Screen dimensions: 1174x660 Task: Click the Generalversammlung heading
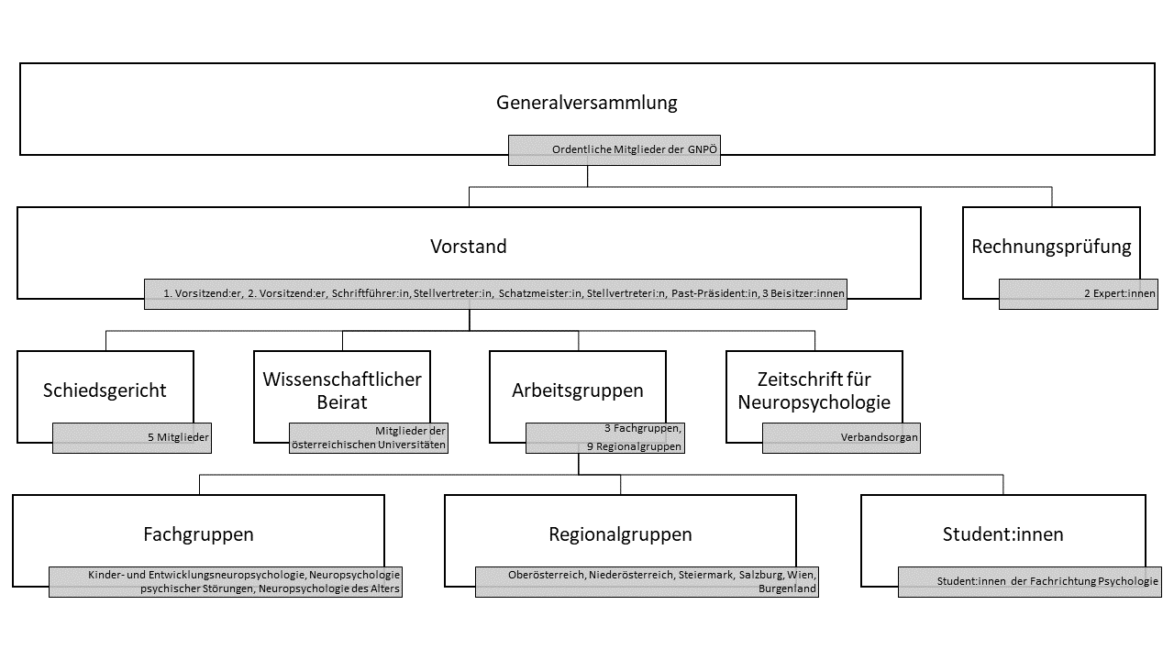click(586, 103)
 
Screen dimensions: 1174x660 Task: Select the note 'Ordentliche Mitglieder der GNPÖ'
click(634, 149)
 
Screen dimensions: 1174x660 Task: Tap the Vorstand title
click(469, 247)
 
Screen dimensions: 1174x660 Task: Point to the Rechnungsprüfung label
click(1051, 247)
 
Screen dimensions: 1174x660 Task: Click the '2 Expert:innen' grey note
click(1120, 293)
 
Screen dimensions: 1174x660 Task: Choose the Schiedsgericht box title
click(105, 390)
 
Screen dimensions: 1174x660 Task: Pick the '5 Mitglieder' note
click(178, 437)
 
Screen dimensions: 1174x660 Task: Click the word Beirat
click(342, 402)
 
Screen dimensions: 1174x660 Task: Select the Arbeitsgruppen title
click(578, 390)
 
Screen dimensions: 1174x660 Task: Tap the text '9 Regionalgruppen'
click(634, 446)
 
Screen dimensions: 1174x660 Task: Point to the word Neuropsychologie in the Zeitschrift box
click(814, 402)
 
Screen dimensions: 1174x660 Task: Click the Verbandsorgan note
click(880, 437)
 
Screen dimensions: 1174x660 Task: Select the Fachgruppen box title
click(199, 534)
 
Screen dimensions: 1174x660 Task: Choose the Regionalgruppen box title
click(621, 534)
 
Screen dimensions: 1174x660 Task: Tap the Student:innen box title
click(1003, 534)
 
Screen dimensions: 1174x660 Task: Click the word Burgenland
click(787, 588)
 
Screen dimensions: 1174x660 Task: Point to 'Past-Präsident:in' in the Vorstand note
click(714, 293)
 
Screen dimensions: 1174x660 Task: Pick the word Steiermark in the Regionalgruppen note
click(706, 575)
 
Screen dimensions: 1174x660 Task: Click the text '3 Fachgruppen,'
click(643, 428)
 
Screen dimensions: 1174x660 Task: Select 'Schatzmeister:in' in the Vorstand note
click(540, 293)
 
